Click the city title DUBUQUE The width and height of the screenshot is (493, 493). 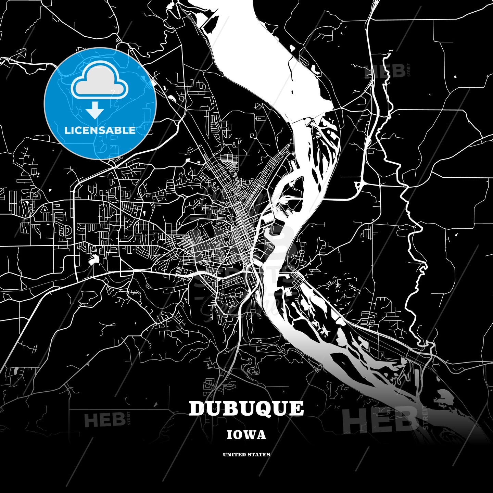[246, 408]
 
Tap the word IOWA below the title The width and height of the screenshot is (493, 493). [246, 435]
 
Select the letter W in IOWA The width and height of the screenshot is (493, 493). [251, 435]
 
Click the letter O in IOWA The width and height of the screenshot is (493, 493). [238, 435]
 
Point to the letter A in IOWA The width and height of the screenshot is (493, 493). [262, 435]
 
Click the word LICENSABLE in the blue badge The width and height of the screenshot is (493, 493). [100, 130]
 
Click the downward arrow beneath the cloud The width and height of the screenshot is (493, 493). [95, 110]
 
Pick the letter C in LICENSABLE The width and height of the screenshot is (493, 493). [79, 130]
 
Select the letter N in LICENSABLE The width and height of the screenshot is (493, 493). [94, 130]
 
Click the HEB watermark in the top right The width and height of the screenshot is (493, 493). [385, 71]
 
